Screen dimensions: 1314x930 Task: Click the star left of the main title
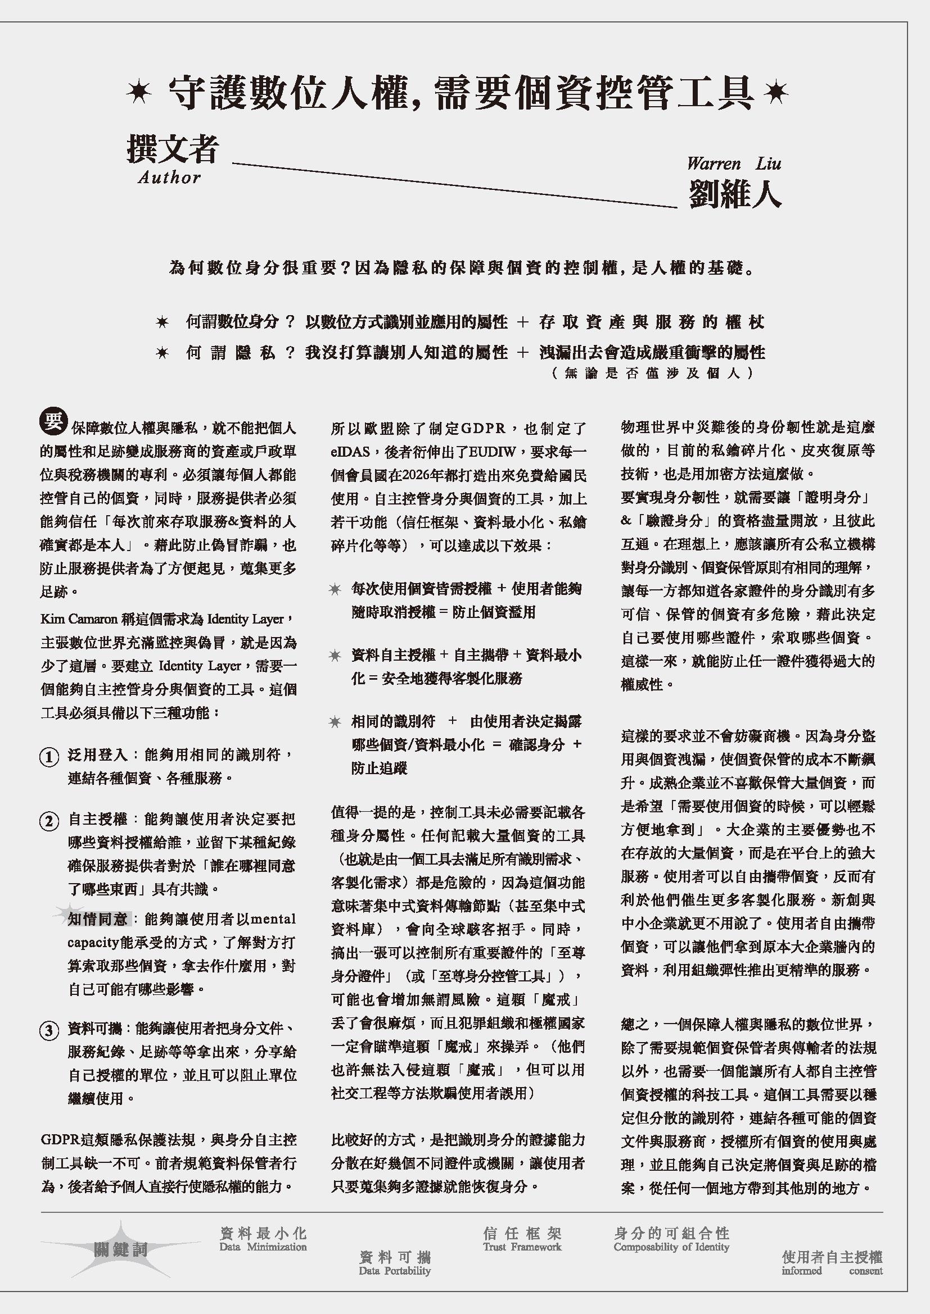tap(138, 92)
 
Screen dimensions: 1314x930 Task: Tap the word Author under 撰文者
tap(169, 178)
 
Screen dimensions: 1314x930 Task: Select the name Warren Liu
tap(734, 164)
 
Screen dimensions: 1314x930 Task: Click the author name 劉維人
tap(735, 194)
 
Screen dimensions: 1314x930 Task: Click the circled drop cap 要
tap(53, 421)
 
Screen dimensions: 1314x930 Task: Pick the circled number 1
tap(49, 757)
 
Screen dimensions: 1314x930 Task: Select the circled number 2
tap(49, 821)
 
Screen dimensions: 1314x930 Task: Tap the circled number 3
tap(49, 1031)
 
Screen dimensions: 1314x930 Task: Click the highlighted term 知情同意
tap(97, 919)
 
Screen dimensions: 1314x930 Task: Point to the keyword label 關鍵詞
tap(121, 1250)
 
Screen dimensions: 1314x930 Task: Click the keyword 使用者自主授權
tap(832, 1258)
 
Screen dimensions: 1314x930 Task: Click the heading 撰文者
tap(173, 149)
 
